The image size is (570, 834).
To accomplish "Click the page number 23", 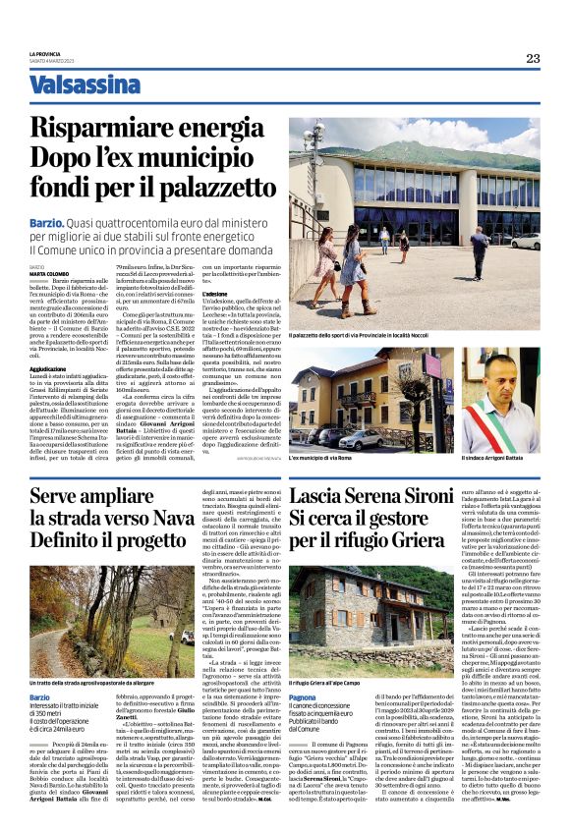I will (x=532, y=58).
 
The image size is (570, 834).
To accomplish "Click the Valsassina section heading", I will (x=85, y=83).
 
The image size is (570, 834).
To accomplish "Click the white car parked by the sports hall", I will (x=527, y=241).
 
